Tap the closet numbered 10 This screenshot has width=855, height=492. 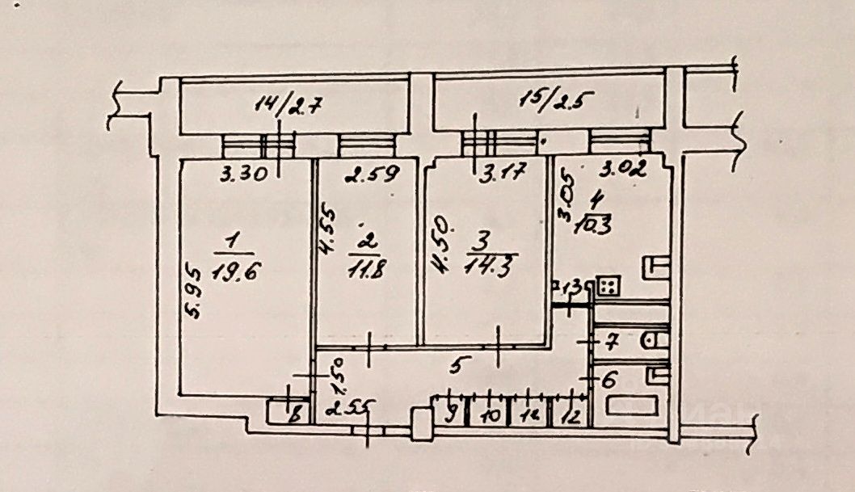tap(489, 417)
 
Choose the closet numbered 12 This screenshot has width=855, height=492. tap(571, 417)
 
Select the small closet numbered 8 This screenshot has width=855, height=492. tap(295, 416)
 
